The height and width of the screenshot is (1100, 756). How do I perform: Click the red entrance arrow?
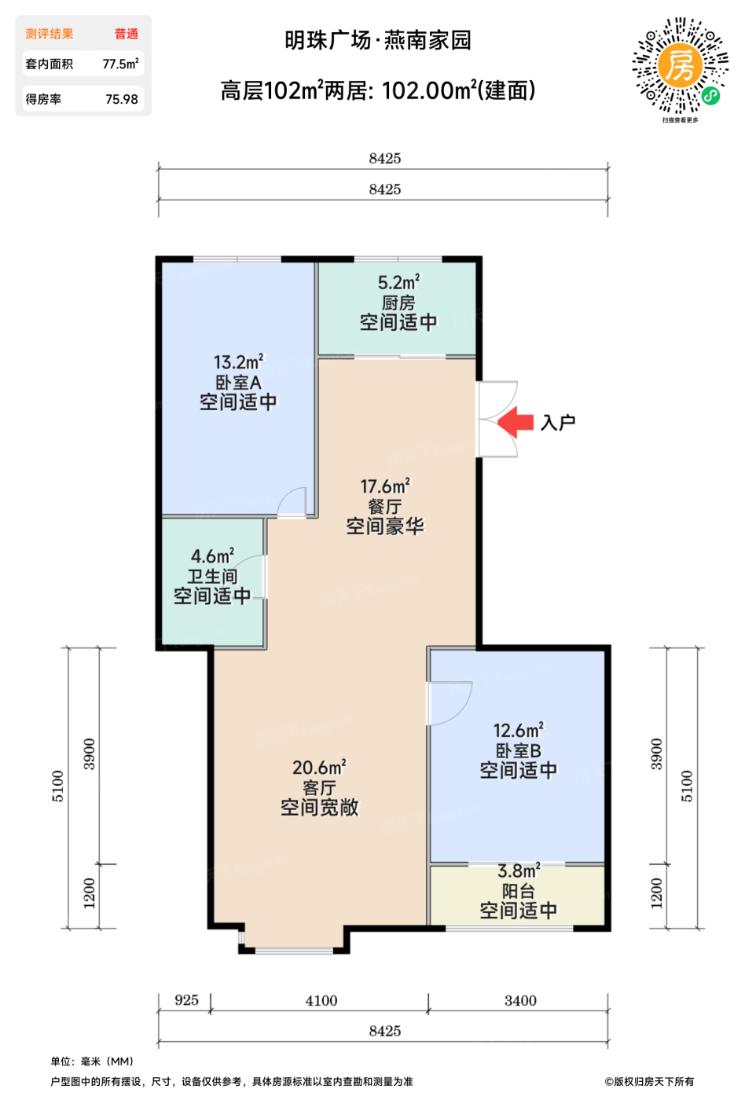[516, 422]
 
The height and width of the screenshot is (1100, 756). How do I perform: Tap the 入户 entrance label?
[558, 423]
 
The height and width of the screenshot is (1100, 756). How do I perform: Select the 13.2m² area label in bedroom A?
[238, 362]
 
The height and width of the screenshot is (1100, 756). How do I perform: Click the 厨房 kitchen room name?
[398, 302]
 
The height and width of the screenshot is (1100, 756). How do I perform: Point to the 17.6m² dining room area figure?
[385, 486]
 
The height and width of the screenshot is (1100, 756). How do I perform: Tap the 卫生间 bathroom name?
[213, 576]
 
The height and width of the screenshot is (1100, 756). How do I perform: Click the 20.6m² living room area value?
[319, 767]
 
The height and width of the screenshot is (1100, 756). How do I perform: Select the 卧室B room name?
[518, 750]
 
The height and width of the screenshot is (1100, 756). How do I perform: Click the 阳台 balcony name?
[518, 891]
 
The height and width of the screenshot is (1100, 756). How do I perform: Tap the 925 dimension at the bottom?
[187, 999]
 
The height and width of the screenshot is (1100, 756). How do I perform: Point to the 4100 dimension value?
[321, 1000]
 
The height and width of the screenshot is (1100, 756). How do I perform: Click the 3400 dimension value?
[520, 1000]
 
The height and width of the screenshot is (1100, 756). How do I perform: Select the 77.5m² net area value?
[120, 64]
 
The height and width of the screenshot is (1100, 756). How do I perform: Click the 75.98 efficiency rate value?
[122, 99]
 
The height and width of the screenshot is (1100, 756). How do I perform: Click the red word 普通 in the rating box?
[127, 34]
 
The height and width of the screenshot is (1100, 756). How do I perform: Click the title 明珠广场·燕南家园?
[378, 40]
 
